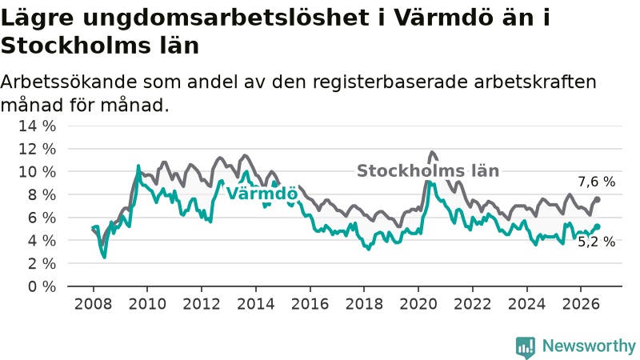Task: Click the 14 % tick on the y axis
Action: tap(37, 126)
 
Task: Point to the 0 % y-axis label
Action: tap(42, 286)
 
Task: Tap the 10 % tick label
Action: tap(37, 172)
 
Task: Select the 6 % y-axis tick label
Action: tap(42, 218)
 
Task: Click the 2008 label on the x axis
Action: tap(93, 304)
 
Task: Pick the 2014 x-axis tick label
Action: tap(255, 304)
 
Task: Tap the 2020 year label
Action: tap(418, 304)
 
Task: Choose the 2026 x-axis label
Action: tap(581, 304)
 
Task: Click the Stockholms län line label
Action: tap(428, 171)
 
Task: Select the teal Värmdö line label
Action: tap(262, 193)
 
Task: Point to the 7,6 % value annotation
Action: tap(596, 182)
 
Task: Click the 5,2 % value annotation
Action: tap(596, 242)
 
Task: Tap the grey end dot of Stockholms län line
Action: tap(597, 199)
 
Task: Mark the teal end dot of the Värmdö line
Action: tap(597, 226)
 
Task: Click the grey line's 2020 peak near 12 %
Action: tap(432, 153)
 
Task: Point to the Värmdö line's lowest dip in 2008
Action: tap(105, 257)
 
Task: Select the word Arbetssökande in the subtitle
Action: tap(69, 82)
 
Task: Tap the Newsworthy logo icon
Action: tap(526, 347)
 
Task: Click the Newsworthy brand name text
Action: tap(589, 346)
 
